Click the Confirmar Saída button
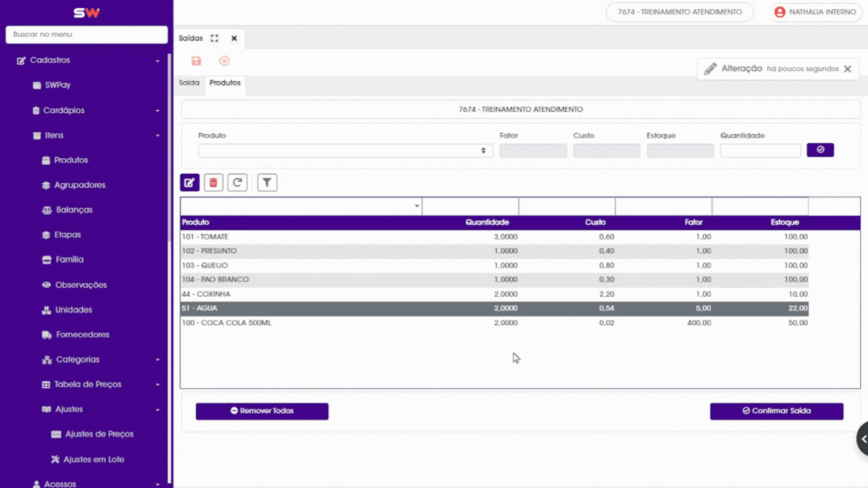(x=776, y=411)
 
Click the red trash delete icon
(x=213, y=183)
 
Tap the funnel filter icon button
(x=267, y=183)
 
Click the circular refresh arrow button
(x=237, y=183)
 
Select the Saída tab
(x=189, y=83)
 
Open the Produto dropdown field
(x=345, y=151)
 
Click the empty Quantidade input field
(x=760, y=151)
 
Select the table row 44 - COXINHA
(x=494, y=294)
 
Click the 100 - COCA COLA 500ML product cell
(x=226, y=323)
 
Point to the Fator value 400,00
(x=699, y=323)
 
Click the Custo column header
(x=595, y=222)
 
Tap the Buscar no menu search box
(x=86, y=35)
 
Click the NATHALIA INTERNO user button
(x=816, y=12)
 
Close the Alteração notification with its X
(x=848, y=69)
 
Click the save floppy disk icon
(x=196, y=61)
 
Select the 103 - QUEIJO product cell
(x=205, y=266)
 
